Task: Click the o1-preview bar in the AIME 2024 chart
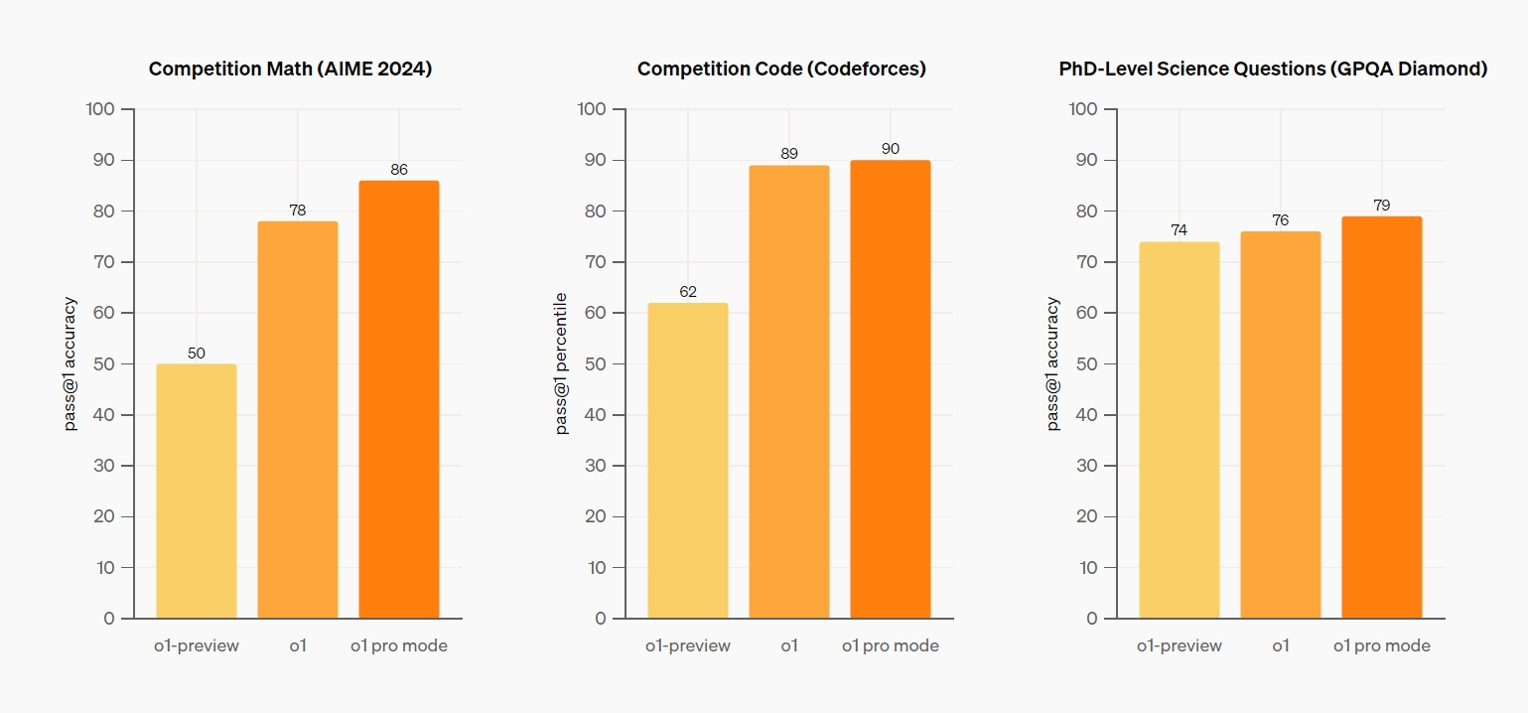tap(197, 491)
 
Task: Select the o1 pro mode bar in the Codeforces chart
tap(890, 389)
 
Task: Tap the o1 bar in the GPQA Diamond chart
tap(1280, 425)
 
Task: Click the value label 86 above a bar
tap(399, 170)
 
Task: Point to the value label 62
tap(688, 292)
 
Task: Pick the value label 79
tap(1381, 206)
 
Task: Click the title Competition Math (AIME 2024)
tap(291, 70)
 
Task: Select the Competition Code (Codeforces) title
tap(781, 70)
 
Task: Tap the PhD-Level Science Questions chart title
tap(1273, 70)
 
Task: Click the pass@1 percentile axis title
tap(562, 363)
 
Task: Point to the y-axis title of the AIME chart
tap(70, 363)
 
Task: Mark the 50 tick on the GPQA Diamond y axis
tap(1086, 363)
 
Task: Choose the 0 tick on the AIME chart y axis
tap(110, 619)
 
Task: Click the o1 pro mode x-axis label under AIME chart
tap(399, 645)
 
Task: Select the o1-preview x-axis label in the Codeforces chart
tap(688, 645)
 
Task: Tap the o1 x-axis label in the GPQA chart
tap(1281, 645)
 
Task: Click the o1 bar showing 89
tap(789, 391)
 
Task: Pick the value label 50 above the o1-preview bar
tap(197, 354)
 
